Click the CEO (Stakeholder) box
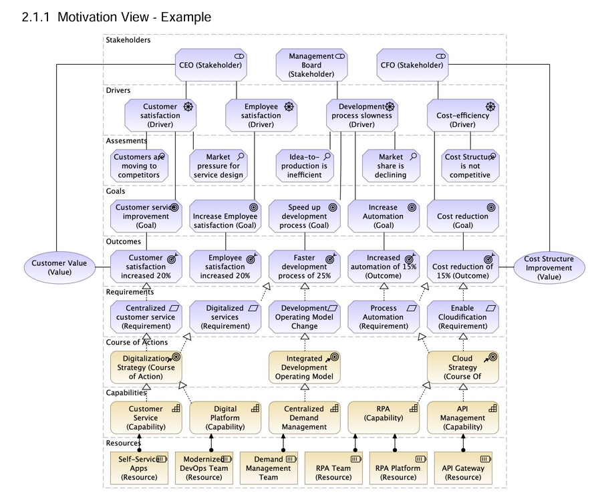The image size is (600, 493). point(210,65)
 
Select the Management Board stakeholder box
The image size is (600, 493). point(311,65)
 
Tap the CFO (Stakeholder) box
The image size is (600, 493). point(412,65)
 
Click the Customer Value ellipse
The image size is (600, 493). point(59,267)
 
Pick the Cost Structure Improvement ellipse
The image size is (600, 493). point(549,267)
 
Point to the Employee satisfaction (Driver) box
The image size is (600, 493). point(261,115)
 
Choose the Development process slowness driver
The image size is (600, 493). point(361,115)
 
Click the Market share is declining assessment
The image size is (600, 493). point(391,166)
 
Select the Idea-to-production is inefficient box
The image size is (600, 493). point(305,166)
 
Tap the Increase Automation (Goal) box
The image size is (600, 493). point(384,216)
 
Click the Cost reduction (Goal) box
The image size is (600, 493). point(462,216)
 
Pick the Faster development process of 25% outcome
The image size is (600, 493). point(305,266)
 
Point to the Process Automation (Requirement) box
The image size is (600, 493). point(384,317)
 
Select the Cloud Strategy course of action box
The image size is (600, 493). point(462,367)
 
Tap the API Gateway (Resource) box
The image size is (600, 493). point(462,468)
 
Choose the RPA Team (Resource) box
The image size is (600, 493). point(333,468)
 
